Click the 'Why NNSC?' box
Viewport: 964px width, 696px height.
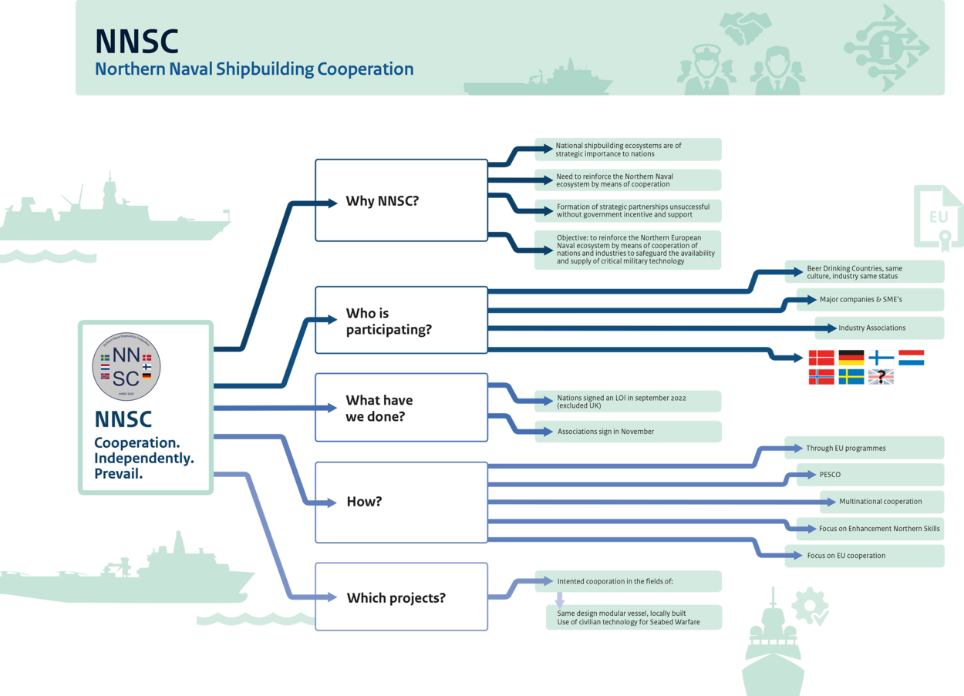(401, 201)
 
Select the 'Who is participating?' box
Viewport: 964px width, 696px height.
(401, 321)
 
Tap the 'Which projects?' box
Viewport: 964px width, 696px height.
(401, 597)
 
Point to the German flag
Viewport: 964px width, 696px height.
(851, 358)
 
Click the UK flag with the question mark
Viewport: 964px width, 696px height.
(881, 377)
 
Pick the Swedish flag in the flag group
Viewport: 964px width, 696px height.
(851, 377)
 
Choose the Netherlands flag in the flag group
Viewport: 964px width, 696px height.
(912, 358)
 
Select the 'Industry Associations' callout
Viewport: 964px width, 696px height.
(879, 328)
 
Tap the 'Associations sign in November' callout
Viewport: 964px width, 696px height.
(629, 432)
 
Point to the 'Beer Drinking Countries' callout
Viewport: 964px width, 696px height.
(864, 272)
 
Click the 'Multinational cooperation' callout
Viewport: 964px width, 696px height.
(881, 502)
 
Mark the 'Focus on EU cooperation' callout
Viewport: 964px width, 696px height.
(864, 556)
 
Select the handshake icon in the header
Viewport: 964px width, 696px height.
(746, 27)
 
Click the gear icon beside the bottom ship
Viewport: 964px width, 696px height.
(810, 606)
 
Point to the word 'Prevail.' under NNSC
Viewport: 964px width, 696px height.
(119, 474)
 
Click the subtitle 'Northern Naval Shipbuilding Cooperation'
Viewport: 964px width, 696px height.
(254, 69)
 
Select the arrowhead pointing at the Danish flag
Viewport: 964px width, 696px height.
(800, 358)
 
